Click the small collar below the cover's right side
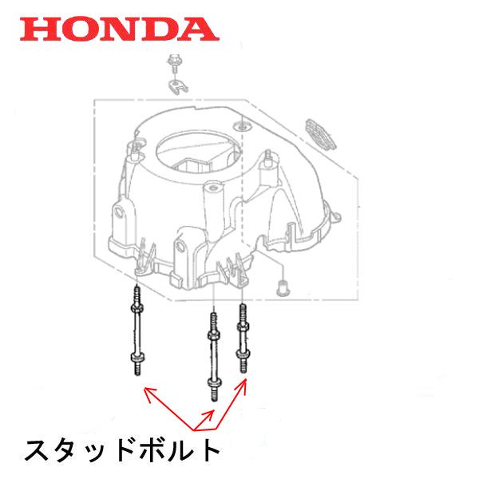[x=281, y=287]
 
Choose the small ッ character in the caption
[x=104, y=453]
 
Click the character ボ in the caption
[x=160, y=449]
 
